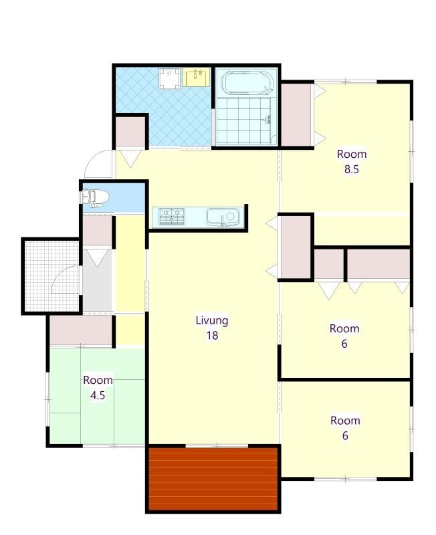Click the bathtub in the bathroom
pos(245,83)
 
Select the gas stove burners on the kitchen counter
pos(172,217)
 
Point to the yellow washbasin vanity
pos(196,77)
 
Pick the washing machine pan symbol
pos(169,79)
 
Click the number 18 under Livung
pos(212,336)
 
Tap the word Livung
pos(212,320)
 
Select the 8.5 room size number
pos(351,169)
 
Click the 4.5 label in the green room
pos(98,395)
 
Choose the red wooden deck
pos(213,479)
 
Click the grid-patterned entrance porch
pos(52,276)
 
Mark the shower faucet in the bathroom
pos(267,119)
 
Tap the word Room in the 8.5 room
pos(352,154)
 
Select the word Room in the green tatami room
pos(98,380)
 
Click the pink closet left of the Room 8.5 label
pos(296,114)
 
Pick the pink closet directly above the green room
pos(81,330)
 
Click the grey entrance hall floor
pos(98,280)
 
